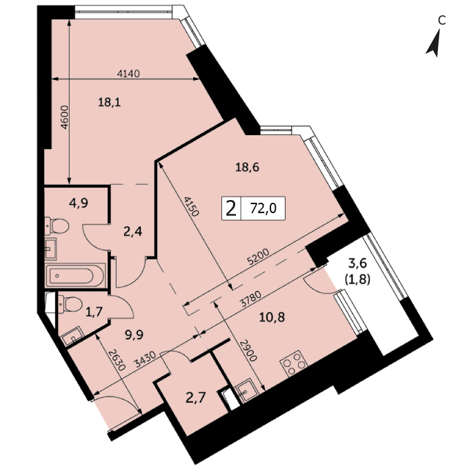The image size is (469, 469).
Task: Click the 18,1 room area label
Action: [x=110, y=103]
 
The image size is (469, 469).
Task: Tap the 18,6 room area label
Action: [x=248, y=168]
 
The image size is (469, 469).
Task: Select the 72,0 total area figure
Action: [x=263, y=209]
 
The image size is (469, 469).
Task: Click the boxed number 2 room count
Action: [x=231, y=208]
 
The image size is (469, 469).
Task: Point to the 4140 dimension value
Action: [x=128, y=73]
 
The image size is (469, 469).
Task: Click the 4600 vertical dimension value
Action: [x=65, y=117]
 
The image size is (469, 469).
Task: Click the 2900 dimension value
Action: [x=249, y=350]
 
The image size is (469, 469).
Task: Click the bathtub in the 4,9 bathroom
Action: [x=74, y=276]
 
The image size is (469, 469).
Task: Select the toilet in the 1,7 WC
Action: [x=70, y=304]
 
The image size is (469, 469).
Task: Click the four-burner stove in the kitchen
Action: [x=293, y=363]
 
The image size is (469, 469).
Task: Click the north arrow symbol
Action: [x=434, y=43]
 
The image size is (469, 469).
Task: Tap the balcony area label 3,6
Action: [x=357, y=263]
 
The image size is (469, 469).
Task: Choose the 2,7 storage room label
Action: [x=195, y=398]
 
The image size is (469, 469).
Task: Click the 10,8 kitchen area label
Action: [x=272, y=317]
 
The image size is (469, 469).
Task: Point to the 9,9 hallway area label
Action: [x=134, y=334]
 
